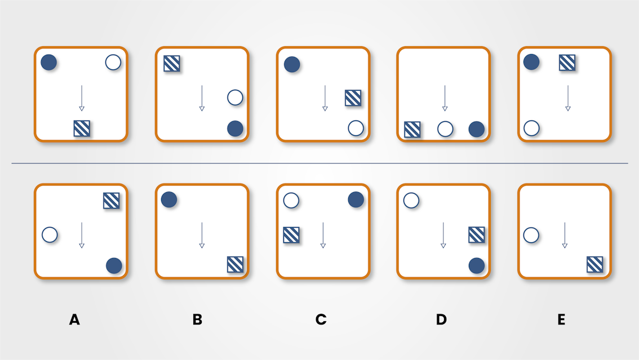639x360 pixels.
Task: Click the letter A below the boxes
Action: coord(74,320)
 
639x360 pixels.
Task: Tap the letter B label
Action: coord(197,320)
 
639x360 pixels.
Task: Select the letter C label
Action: coord(321,320)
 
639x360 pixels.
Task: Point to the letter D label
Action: coord(441,320)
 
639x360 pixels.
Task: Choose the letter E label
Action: coord(561,320)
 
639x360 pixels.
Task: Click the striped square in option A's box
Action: coord(112,201)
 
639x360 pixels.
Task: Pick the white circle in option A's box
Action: coord(50,234)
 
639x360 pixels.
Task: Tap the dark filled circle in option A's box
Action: coord(114,265)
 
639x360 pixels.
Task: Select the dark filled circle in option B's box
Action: coord(169,199)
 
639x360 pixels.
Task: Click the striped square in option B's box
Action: coord(235,264)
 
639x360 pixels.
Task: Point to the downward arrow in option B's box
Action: coord(202,235)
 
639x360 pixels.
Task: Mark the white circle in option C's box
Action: coord(291,200)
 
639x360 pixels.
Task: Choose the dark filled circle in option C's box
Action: coord(356,199)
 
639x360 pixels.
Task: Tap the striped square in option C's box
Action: coord(291,235)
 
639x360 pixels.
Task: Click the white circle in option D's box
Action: coord(411,200)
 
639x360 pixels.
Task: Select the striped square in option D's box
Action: coord(477,235)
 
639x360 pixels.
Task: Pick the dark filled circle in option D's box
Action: coord(477,265)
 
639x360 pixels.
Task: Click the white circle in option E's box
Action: coord(531,235)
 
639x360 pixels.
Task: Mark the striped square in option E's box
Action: coord(595,264)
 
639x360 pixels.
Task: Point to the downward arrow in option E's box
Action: coord(564,235)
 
